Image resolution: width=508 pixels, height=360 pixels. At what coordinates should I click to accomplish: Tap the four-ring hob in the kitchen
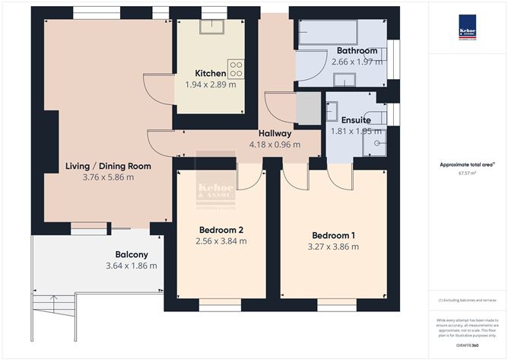(x=236, y=68)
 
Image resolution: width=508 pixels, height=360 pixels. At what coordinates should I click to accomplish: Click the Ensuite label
(x=356, y=120)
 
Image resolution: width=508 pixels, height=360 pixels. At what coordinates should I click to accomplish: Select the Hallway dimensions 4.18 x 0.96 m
(x=275, y=144)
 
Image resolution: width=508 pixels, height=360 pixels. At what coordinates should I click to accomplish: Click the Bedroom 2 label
(x=221, y=230)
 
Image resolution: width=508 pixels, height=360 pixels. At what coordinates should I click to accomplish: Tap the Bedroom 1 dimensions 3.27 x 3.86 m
(x=334, y=246)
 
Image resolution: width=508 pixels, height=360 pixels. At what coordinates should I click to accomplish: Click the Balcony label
(x=132, y=254)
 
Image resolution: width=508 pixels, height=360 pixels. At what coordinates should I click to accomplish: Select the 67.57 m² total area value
(x=468, y=173)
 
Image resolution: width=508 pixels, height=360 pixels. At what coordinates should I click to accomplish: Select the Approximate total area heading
(x=467, y=164)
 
